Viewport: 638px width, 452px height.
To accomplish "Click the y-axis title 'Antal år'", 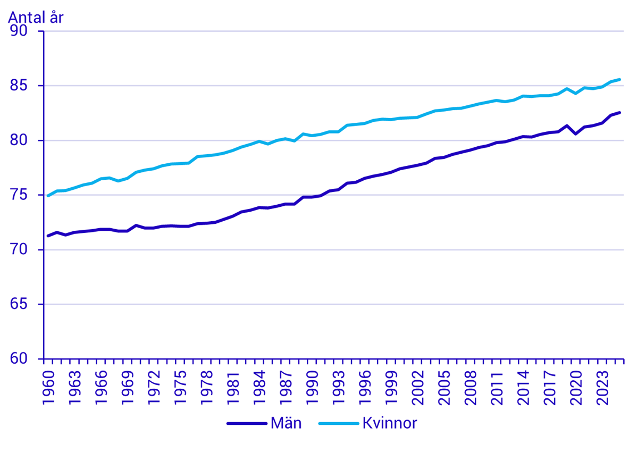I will (36, 17).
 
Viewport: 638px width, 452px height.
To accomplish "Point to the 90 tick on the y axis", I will (26, 31).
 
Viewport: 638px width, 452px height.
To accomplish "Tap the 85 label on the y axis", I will (26, 86).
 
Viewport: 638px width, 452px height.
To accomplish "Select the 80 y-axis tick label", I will (26, 140).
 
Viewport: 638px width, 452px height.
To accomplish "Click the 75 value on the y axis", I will (26, 195).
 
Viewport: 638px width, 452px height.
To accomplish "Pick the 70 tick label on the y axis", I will (26, 250).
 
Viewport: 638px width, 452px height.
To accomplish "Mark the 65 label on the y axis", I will (26, 305).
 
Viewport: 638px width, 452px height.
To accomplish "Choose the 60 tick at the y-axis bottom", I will (26, 359).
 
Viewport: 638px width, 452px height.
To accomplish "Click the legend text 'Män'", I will (286, 423).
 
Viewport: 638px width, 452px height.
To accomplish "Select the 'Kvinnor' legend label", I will (390, 423).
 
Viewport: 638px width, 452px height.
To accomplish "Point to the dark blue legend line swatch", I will (246, 424).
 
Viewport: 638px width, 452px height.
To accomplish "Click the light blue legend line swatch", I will (338, 424).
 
